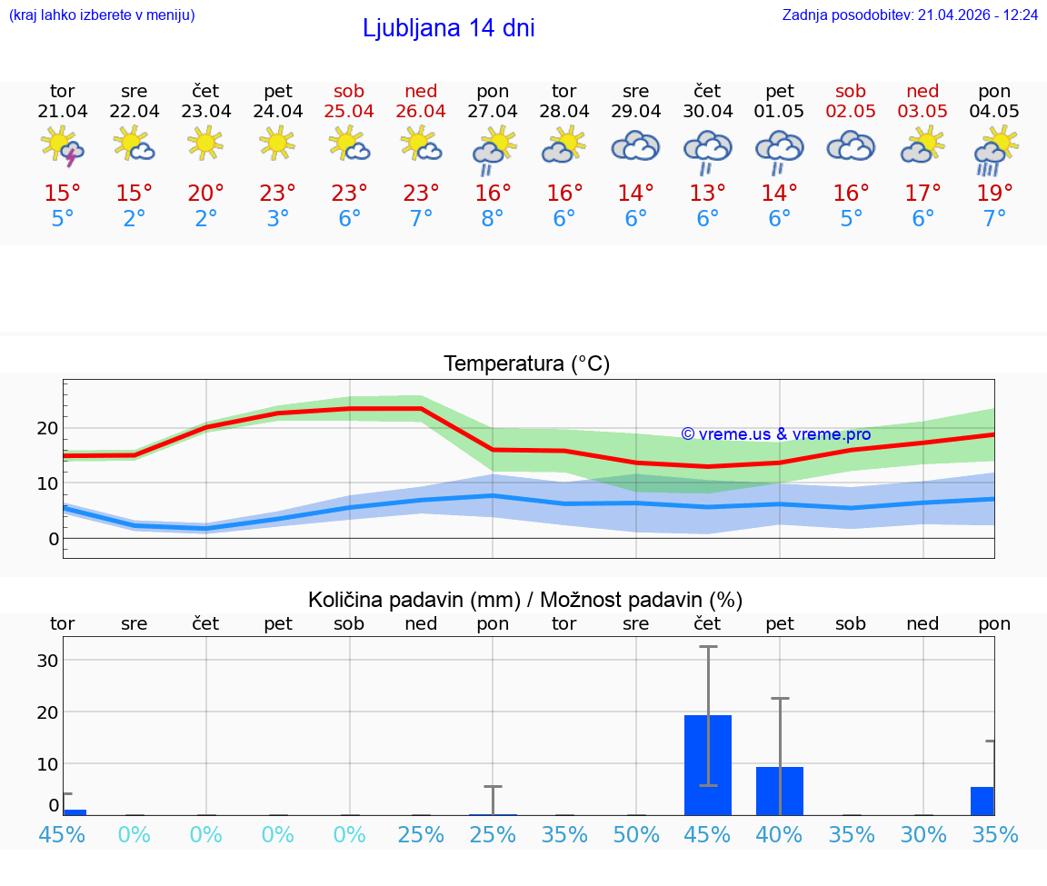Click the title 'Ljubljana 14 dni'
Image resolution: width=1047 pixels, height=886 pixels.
point(448,28)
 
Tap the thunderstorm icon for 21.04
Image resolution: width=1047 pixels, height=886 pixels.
point(63,146)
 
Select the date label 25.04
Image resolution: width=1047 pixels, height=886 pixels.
point(349,112)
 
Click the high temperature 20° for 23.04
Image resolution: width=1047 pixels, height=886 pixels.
point(206,194)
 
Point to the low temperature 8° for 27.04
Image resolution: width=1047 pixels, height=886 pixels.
point(493,219)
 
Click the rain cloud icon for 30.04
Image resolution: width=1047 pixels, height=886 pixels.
point(708,151)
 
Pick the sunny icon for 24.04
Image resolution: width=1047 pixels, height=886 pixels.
point(277,143)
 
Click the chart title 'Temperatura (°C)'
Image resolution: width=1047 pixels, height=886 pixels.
point(526,364)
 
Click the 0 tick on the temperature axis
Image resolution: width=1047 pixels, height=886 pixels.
point(54,539)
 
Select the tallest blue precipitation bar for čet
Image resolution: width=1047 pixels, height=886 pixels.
point(708,764)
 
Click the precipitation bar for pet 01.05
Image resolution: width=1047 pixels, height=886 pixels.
point(780,791)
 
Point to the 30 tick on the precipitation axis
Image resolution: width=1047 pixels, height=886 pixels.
point(47,661)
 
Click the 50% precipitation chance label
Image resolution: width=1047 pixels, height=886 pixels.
point(636,834)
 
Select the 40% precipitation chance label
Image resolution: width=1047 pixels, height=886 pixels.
point(780,834)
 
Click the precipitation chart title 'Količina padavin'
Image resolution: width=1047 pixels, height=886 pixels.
point(525,600)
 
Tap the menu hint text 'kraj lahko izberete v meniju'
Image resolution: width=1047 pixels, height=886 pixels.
point(102,15)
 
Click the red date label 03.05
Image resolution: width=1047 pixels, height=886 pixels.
point(922,112)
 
